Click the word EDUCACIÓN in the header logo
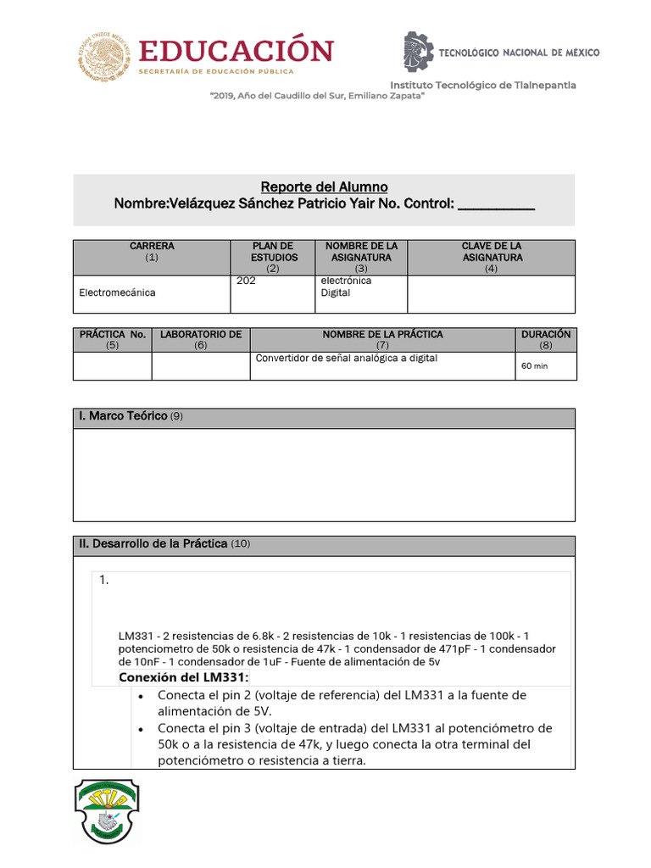pyautogui.click(x=236, y=51)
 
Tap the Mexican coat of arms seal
pyautogui.click(x=107, y=57)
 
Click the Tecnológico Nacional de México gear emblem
pyautogui.click(x=417, y=52)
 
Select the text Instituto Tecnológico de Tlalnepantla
pyautogui.click(x=482, y=85)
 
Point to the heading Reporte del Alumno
pyautogui.click(x=324, y=186)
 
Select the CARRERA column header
pyautogui.click(x=152, y=252)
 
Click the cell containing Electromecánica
pyautogui.click(x=118, y=292)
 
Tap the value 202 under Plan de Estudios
pyautogui.click(x=247, y=281)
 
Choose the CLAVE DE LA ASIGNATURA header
pyautogui.click(x=492, y=252)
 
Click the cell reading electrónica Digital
pyautogui.click(x=346, y=287)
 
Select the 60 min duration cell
pyautogui.click(x=534, y=366)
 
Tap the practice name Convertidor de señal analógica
pyautogui.click(x=346, y=359)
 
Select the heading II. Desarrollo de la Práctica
pyautogui.click(x=153, y=543)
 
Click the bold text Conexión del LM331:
pyautogui.click(x=184, y=677)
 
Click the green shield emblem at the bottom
pyautogui.click(x=106, y=811)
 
